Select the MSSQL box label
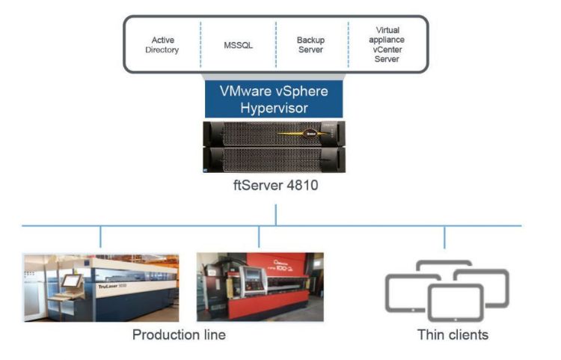pyautogui.click(x=238, y=45)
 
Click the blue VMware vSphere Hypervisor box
pyautogui.click(x=274, y=98)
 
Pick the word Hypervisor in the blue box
pyautogui.click(x=274, y=108)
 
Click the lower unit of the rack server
pyautogui.click(x=274, y=158)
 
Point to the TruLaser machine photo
pyautogui.click(x=101, y=287)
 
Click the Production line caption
pyautogui.click(x=179, y=335)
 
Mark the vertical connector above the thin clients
pyautogui.click(x=445, y=237)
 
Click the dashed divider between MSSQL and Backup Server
pyautogui.click(x=275, y=45)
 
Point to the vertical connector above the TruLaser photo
pyautogui.click(x=100, y=237)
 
